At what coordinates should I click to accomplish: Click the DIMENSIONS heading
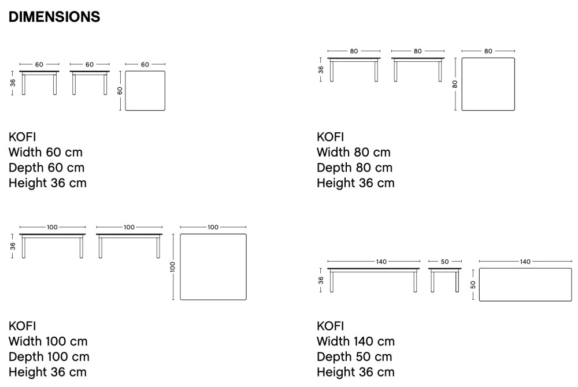tap(54, 17)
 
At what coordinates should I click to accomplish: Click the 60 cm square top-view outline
tap(144, 91)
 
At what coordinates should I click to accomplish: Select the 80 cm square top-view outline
tap(488, 84)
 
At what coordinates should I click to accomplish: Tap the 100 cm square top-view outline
tap(213, 267)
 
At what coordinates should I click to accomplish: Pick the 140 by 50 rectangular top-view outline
tap(525, 285)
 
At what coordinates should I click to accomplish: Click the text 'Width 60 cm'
tap(46, 152)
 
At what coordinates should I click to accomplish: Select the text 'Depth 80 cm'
tap(354, 168)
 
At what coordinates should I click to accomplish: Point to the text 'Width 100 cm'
tap(48, 341)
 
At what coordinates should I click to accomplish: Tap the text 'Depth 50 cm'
tap(354, 357)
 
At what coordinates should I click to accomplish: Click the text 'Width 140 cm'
tap(355, 341)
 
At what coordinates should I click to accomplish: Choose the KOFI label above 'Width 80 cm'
tap(330, 137)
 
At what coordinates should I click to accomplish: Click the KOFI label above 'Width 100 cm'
tap(22, 326)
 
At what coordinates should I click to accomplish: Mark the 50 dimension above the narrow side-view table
tap(444, 262)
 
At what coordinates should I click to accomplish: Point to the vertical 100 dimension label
tap(172, 267)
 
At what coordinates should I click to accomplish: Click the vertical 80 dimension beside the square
tap(455, 84)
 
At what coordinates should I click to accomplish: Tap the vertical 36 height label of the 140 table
tap(321, 280)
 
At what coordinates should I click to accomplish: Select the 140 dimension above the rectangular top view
tap(525, 262)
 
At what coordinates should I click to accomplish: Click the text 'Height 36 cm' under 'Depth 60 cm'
tap(47, 184)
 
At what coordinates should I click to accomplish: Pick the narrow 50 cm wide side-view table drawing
tap(444, 279)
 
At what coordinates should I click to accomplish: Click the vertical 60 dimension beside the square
tap(120, 91)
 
